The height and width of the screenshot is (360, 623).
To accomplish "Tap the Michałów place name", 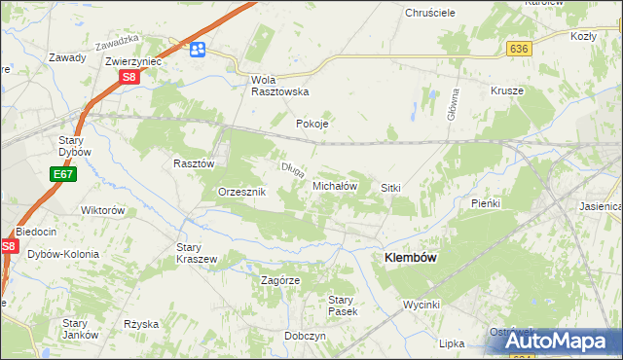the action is [336, 185].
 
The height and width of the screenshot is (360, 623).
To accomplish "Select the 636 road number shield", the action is [518, 49].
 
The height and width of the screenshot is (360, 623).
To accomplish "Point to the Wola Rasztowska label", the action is [279, 85].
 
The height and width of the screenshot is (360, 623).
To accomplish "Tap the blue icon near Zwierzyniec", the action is [198, 50].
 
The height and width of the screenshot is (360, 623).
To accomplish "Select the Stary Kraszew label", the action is [196, 253].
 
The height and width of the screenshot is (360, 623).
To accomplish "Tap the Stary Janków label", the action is [79, 329].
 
